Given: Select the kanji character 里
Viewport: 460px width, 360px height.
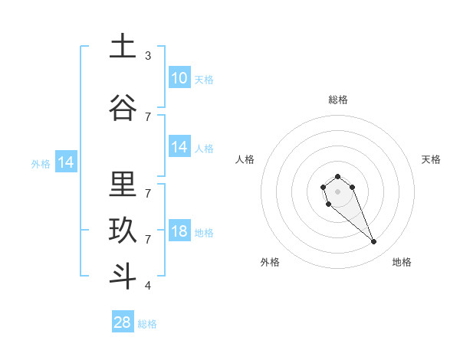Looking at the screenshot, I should [x=122, y=184].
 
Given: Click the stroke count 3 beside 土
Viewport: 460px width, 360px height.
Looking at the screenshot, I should [x=148, y=56].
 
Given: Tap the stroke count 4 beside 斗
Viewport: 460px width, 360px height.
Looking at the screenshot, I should [x=148, y=286].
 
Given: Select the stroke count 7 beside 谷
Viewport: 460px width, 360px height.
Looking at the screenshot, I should [x=148, y=116].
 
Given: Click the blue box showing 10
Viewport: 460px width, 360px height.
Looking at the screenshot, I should [x=179, y=78].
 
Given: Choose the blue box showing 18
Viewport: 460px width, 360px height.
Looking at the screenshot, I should [x=179, y=231].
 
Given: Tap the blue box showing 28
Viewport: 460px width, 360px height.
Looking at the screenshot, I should [x=123, y=322].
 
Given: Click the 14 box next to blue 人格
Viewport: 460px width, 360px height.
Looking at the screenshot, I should [x=179, y=147].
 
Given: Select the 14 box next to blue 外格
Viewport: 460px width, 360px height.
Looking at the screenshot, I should [x=65, y=162].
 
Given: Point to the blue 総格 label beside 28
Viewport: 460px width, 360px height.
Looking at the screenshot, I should [x=147, y=324].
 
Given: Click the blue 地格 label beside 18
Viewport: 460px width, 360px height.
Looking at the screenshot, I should [x=204, y=233].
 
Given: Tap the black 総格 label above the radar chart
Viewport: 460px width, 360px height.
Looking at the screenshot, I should [x=338, y=100].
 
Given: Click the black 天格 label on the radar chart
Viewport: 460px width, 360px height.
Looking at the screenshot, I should [x=431, y=159].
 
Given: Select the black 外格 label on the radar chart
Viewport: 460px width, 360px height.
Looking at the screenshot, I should [x=270, y=262].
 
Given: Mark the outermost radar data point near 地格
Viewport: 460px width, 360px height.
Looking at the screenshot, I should [x=374, y=242].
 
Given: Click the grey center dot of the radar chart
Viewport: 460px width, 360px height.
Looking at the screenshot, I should [x=337, y=191].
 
